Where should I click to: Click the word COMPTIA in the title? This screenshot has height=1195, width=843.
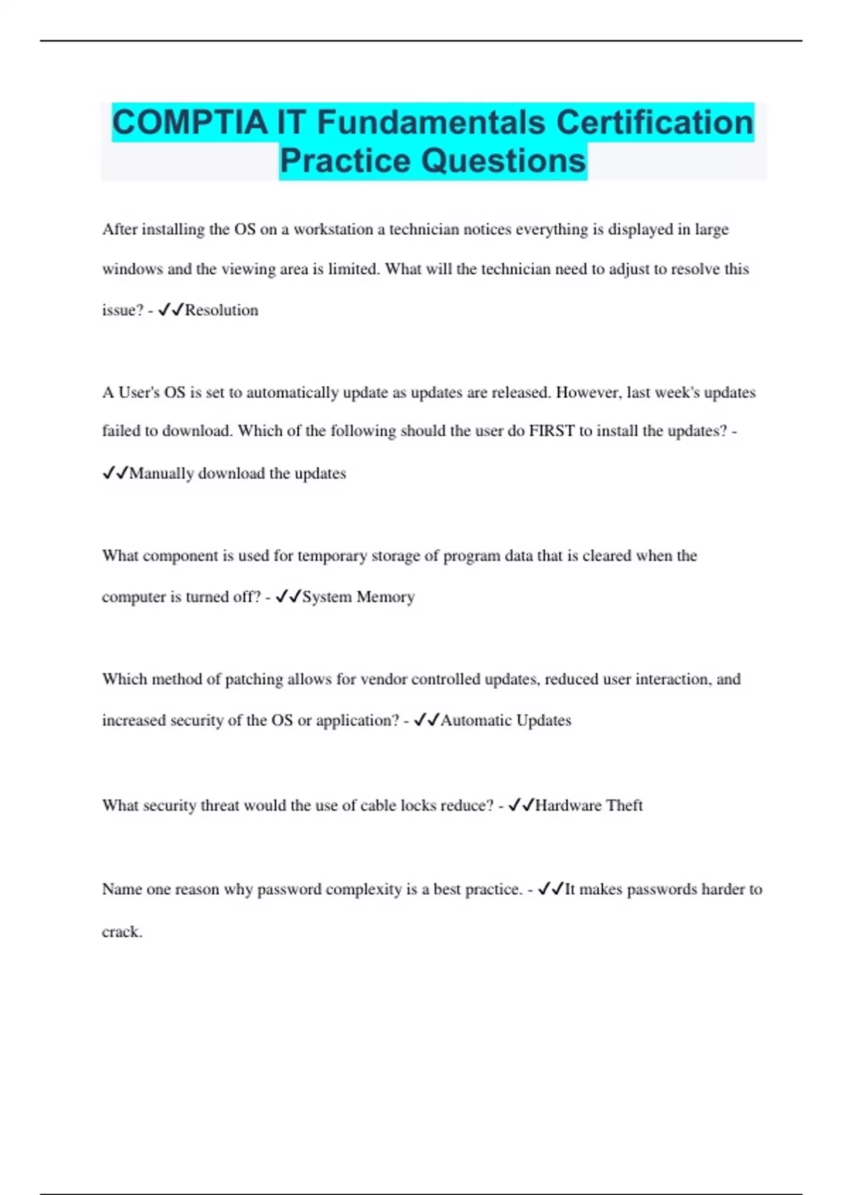click(190, 122)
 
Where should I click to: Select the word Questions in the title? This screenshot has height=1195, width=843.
click(504, 160)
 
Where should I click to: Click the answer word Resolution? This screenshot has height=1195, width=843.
click(221, 310)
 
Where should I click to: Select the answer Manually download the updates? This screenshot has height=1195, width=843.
click(237, 473)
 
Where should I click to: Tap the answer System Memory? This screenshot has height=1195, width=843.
click(358, 597)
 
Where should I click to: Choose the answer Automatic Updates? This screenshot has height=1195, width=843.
click(506, 721)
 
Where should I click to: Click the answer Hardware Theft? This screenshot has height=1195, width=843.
click(589, 806)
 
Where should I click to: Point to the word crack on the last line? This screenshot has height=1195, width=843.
click(121, 932)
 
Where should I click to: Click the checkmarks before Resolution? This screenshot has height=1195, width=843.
click(171, 310)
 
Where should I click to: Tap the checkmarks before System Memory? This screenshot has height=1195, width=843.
click(288, 597)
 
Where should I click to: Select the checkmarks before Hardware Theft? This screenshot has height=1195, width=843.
click(521, 806)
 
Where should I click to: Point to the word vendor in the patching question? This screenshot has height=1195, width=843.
click(384, 680)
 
